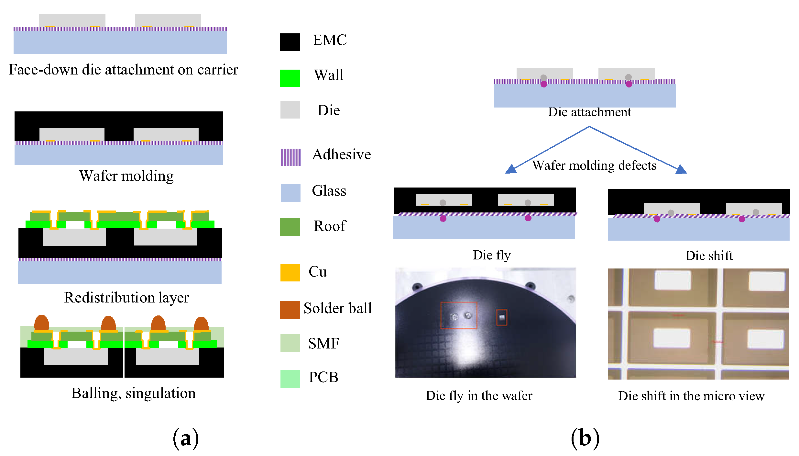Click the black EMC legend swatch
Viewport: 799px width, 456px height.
click(x=290, y=42)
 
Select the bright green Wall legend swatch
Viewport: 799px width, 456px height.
click(x=290, y=78)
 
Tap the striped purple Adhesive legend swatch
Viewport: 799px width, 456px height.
click(x=290, y=157)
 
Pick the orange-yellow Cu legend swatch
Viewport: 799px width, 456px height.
click(x=290, y=272)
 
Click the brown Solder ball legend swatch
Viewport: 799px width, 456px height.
click(x=290, y=310)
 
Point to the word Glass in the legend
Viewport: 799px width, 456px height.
click(x=329, y=191)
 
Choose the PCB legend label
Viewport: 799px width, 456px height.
click(x=323, y=377)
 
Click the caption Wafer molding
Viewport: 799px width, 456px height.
click(x=126, y=176)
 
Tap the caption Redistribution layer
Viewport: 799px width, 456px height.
click(x=126, y=298)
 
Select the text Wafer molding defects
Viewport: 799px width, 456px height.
click(x=594, y=165)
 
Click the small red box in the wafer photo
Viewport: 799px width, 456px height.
click(x=502, y=317)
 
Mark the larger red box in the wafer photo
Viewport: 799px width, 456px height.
click(x=459, y=315)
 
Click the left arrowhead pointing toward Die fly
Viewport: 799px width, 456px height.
click(x=511, y=169)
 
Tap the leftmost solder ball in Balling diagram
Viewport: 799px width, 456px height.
click(x=41, y=323)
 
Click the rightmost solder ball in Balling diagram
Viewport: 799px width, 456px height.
click(x=201, y=324)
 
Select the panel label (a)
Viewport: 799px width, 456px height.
click(x=186, y=439)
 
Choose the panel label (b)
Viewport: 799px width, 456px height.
click(x=585, y=439)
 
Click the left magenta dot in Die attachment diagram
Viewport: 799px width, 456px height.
click(x=544, y=84)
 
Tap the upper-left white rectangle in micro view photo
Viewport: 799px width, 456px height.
click(x=673, y=280)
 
